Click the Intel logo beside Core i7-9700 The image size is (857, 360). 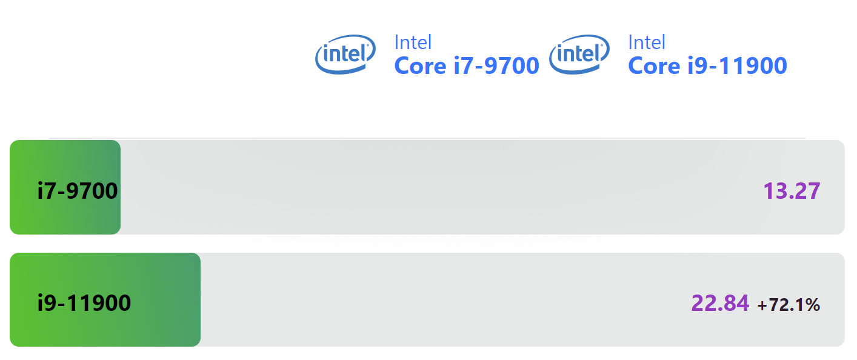pyautogui.click(x=344, y=54)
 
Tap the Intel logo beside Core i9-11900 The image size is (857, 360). pyautogui.click(x=579, y=54)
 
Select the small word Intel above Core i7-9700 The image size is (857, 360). pyautogui.click(x=413, y=42)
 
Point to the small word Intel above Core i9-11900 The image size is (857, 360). pyautogui.click(x=647, y=42)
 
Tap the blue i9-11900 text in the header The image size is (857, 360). pyautogui.click(x=737, y=65)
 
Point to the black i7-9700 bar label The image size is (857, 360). pyautogui.click(x=78, y=191)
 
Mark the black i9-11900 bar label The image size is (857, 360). pyautogui.click(x=84, y=302)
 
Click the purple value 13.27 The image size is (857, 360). pyautogui.click(x=792, y=191)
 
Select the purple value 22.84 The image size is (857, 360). pyautogui.click(x=720, y=302)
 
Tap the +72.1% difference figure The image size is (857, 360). pyautogui.click(x=789, y=305)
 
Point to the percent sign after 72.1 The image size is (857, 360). pyautogui.click(x=813, y=305)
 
